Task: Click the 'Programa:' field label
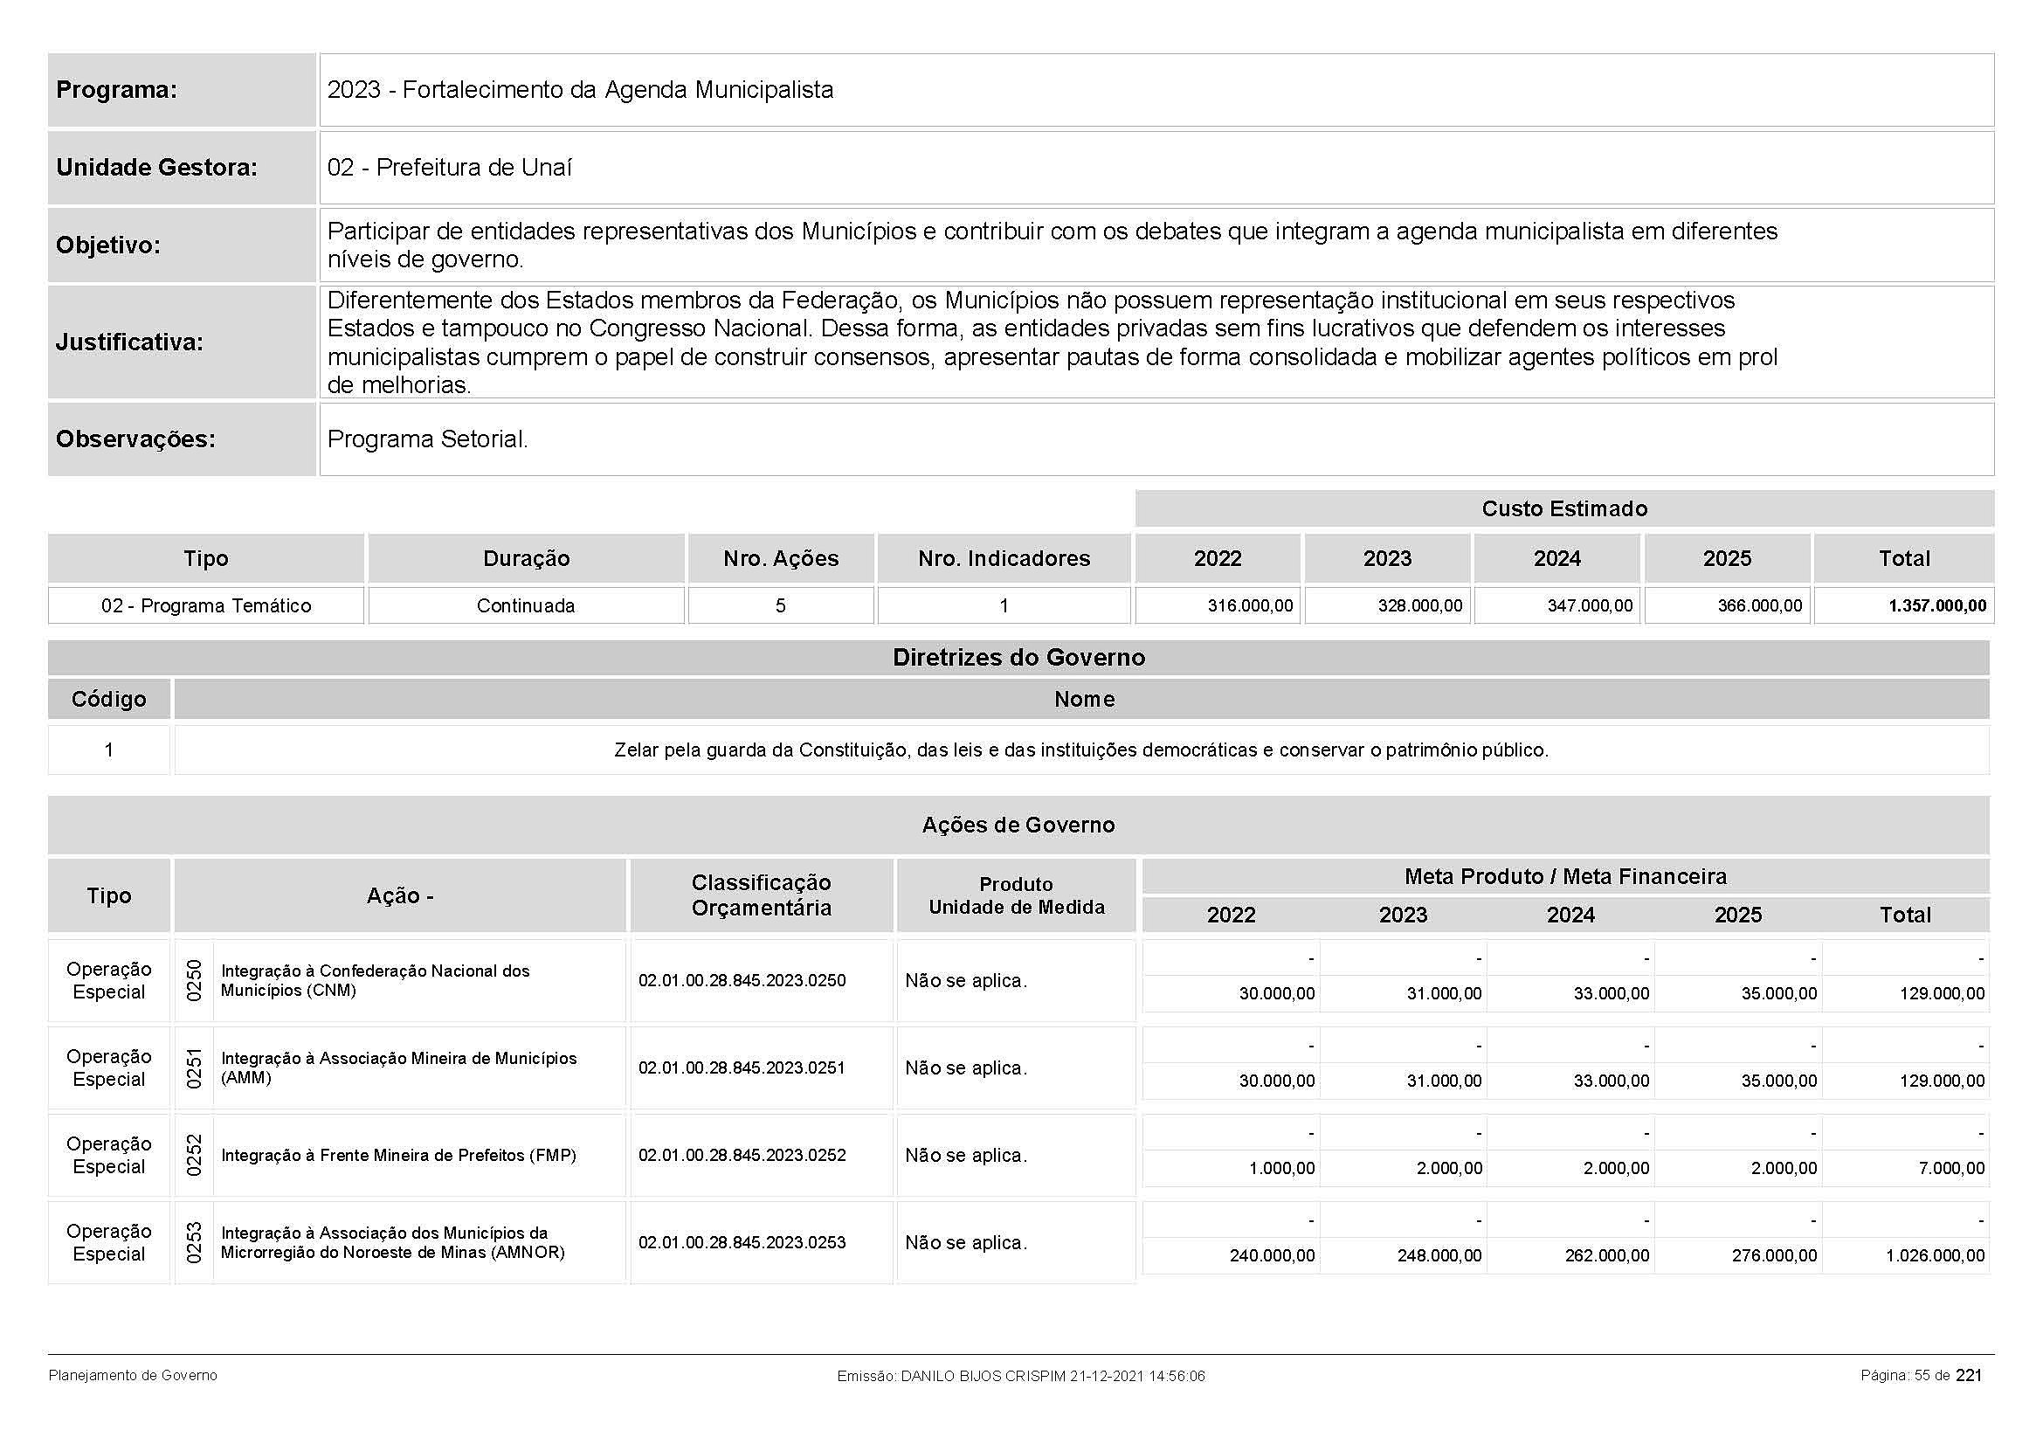tap(116, 90)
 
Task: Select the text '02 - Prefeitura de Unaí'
tap(449, 167)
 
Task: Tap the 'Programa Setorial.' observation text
tap(427, 439)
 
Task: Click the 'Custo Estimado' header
tap(1563, 509)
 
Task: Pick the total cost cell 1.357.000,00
tap(1937, 606)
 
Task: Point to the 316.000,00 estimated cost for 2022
tap(1249, 606)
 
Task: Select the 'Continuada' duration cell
tap(525, 606)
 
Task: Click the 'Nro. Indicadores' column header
tap(1004, 559)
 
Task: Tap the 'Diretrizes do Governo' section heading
tap(1018, 658)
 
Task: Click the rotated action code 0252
tap(194, 1155)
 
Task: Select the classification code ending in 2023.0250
tap(742, 980)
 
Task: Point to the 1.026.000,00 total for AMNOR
tap(1935, 1255)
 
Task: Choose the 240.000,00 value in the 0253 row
tap(1272, 1255)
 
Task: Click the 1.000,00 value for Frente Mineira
tap(1281, 1168)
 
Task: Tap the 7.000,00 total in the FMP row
tap(1950, 1168)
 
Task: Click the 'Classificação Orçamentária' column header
tap(761, 895)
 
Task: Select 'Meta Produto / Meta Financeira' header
tap(1564, 876)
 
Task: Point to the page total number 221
tap(1968, 1375)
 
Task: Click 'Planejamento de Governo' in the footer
tap(133, 1376)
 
